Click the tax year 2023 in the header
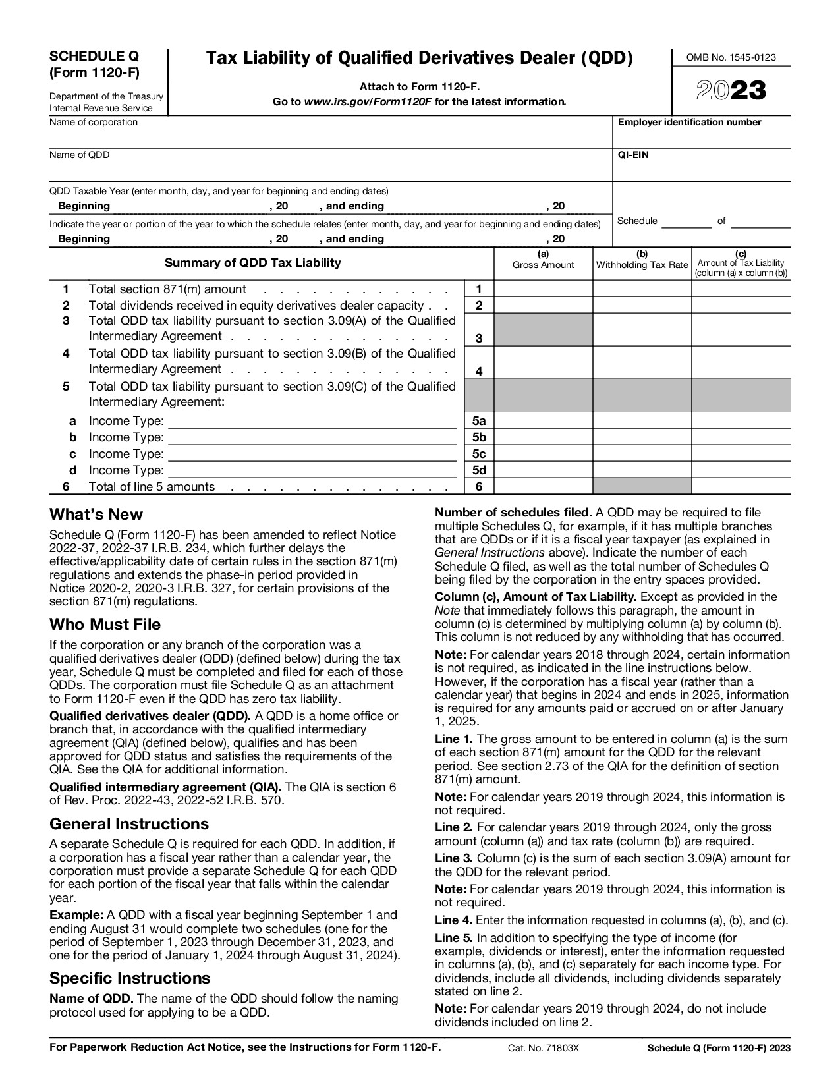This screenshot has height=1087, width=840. [x=731, y=91]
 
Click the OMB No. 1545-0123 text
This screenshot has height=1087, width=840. [x=731, y=57]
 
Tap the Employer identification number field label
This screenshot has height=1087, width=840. [x=689, y=122]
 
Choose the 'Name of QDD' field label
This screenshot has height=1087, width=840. [x=80, y=155]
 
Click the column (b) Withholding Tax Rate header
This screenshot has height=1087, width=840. [x=642, y=261]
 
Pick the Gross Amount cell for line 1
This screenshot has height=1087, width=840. [x=543, y=289]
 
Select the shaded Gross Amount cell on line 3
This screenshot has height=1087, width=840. [x=543, y=329]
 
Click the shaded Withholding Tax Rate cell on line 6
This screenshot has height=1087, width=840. [x=642, y=487]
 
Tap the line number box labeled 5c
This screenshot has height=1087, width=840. [x=479, y=454]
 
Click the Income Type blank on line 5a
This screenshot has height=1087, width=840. [x=312, y=421]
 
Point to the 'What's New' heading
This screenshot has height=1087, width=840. [x=96, y=515]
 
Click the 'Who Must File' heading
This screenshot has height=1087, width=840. [x=105, y=625]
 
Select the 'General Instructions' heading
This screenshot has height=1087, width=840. [x=129, y=824]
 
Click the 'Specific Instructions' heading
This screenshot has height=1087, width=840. [x=130, y=978]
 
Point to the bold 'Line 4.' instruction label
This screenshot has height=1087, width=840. [x=453, y=920]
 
